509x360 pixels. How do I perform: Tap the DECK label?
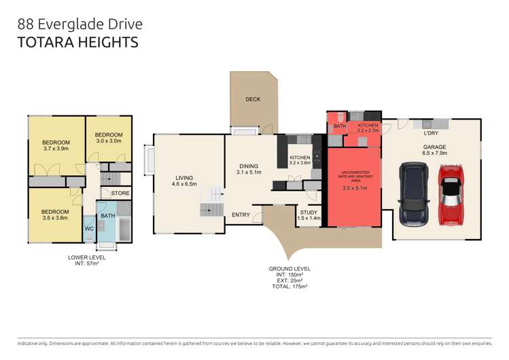click(253, 99)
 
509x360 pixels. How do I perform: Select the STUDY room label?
click(309, 212)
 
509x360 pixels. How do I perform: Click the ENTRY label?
click(241, 215)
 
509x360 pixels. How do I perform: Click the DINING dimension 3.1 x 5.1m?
click(249, 173)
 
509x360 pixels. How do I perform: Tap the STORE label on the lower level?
click(120, 194)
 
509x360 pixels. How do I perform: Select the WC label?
click(89, 229)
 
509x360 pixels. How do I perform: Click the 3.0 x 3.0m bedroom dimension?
click(108, 141)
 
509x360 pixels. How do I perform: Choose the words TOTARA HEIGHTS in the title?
click(77, 42)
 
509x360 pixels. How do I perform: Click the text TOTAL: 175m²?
click(289, 287)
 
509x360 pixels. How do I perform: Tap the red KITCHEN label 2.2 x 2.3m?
click(368, 130)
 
